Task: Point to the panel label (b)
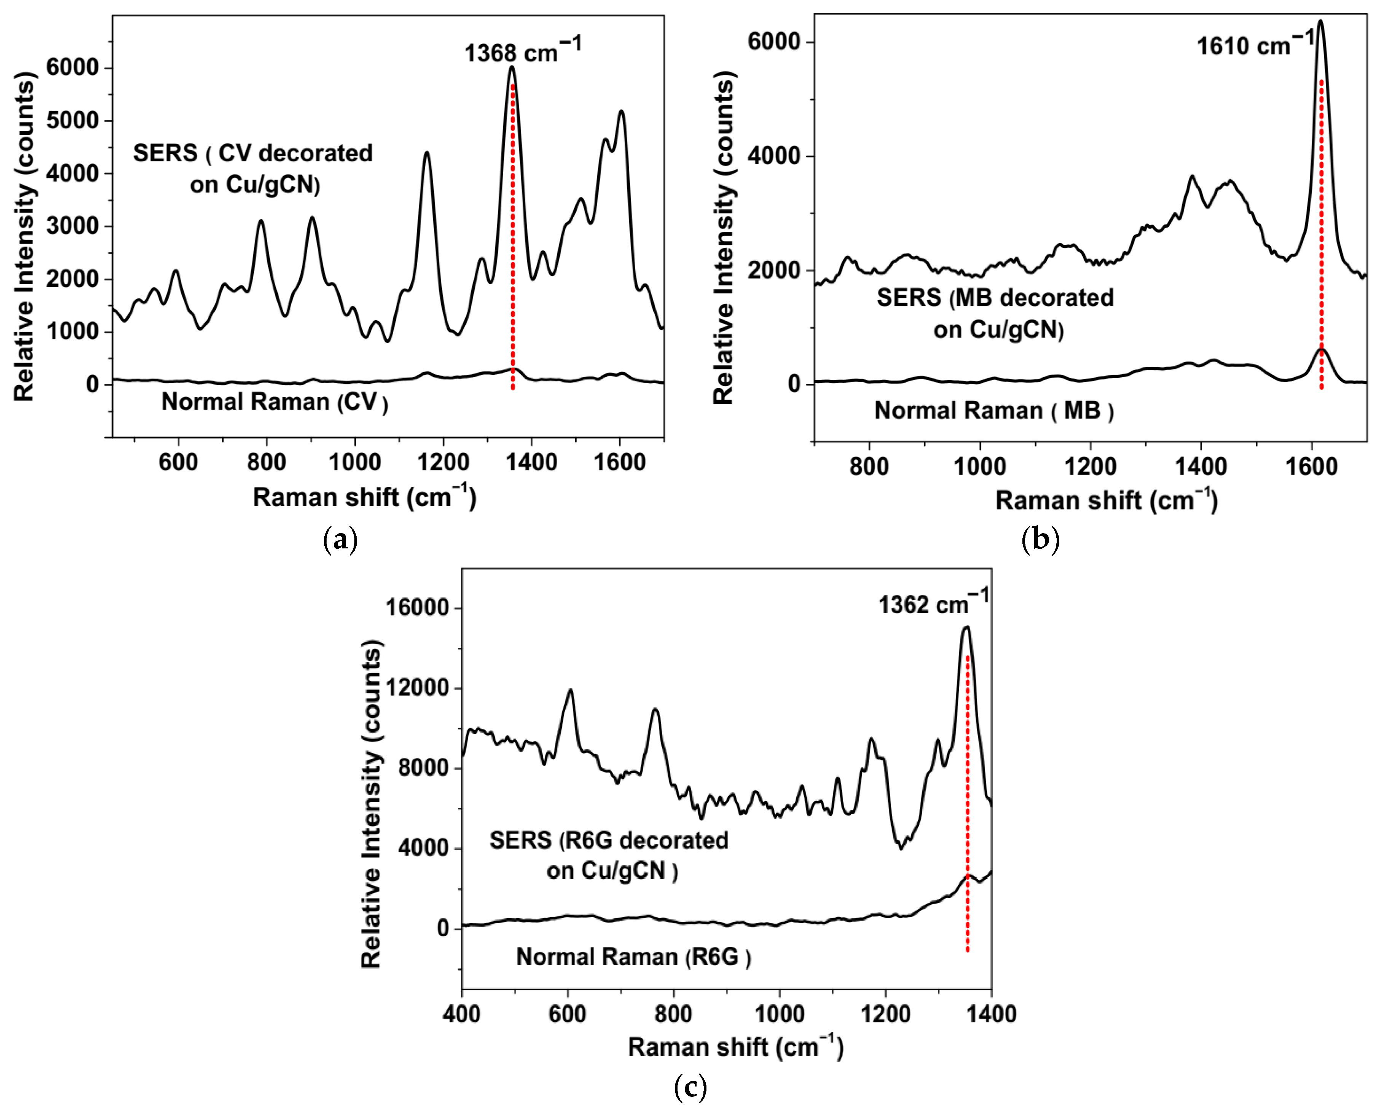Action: point(1040,539)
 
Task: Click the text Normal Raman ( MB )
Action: point(994,411)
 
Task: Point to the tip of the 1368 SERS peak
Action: point(512,67)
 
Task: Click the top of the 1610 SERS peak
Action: point(1320,21)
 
